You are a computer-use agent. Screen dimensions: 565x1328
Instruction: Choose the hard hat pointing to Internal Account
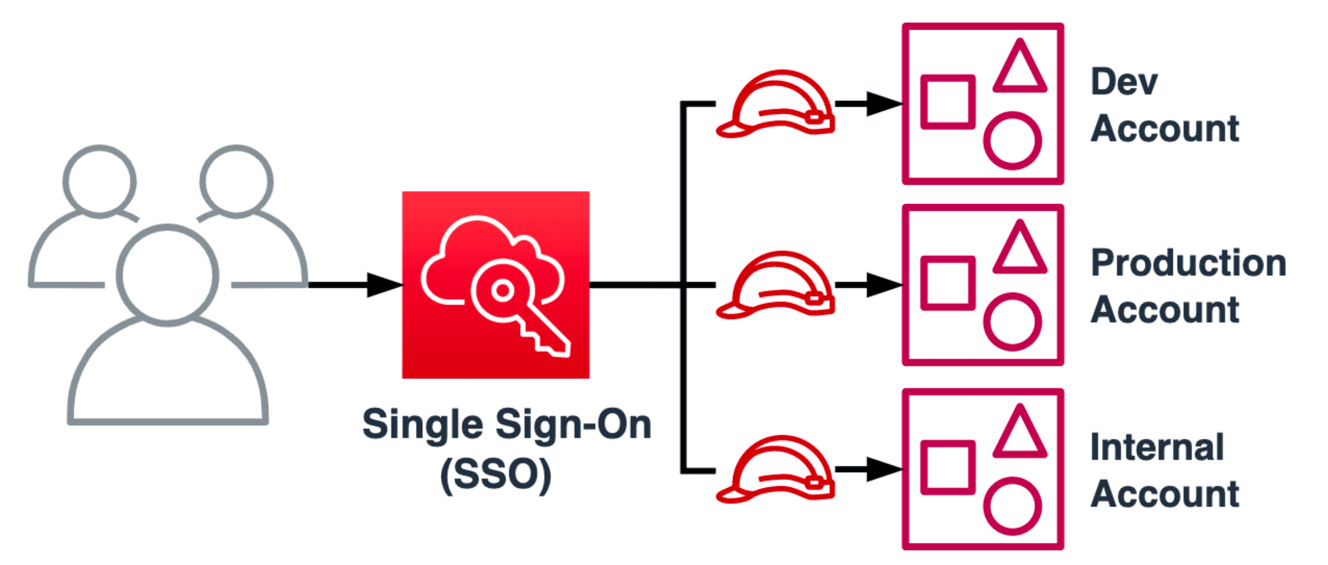[776, 469]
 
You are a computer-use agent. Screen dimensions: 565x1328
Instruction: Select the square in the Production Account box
[947, 283]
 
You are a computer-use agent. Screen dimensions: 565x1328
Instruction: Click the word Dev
[1124, 82]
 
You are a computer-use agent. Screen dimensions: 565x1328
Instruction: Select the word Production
[1188, 263]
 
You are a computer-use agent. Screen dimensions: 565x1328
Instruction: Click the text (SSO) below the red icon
[496, 475]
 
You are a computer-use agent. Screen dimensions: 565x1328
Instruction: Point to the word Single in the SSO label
[422, 424]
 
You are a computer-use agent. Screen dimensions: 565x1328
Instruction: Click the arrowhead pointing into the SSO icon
[384, 285]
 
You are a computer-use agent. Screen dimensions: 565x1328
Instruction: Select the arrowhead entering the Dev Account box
[884, 104]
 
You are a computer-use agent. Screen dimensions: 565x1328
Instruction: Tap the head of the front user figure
[168, 275]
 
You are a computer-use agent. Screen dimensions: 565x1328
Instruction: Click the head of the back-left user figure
[100, 181]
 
